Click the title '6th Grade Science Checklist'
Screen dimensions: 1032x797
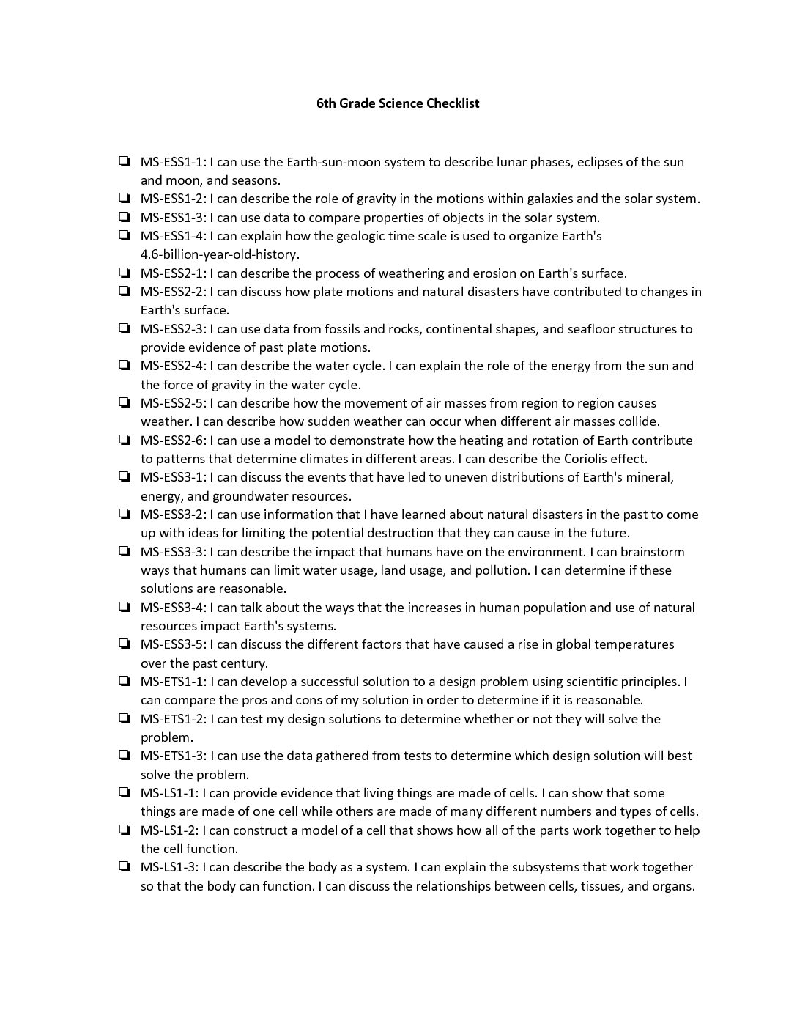[398, 103]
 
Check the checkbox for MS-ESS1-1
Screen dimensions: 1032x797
[125, 161]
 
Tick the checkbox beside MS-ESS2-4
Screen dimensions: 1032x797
[125, 365]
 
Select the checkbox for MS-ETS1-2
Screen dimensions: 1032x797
[125, 718]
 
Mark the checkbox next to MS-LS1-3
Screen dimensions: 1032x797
[125, 866]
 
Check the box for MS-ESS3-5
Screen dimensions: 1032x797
[125, 644]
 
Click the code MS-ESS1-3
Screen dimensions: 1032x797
[173, 218]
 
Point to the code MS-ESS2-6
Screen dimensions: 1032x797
[173, 441]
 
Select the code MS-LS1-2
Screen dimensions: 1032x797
[169, 830]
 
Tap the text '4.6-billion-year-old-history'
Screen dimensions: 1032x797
[220, 254]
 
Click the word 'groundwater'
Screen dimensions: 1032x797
[248, 496]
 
